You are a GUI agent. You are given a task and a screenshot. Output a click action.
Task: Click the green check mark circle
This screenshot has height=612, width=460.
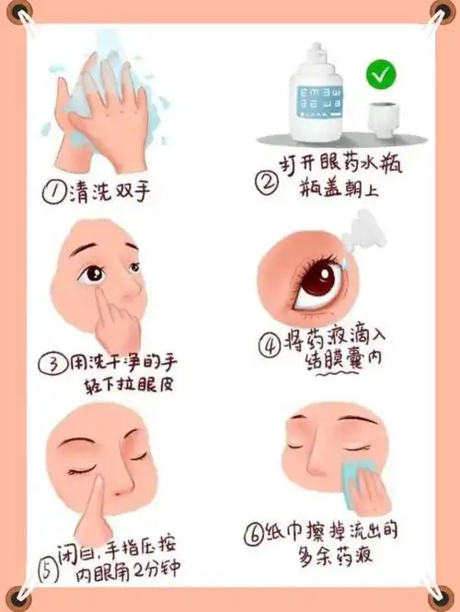379,74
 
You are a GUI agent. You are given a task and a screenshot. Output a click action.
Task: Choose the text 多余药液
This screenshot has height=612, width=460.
330,555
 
